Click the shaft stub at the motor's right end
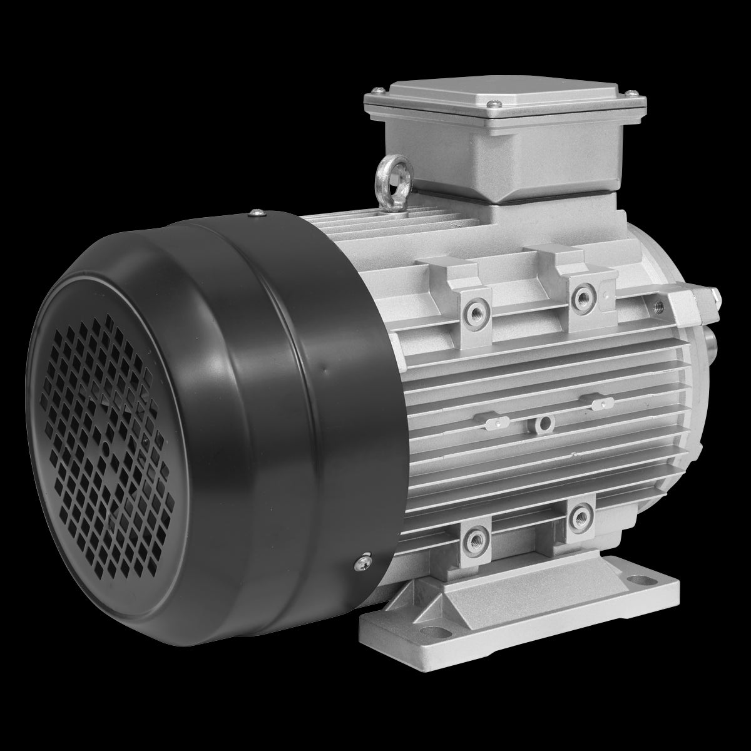pyautogui.click(x=712, y=344)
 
